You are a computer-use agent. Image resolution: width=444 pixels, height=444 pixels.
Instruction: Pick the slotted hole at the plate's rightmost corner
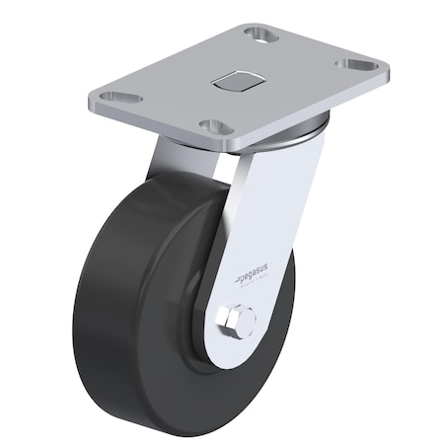point(355,66)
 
